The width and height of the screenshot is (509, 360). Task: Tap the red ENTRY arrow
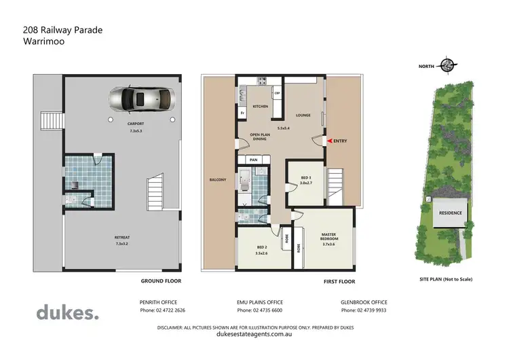pos(331,141)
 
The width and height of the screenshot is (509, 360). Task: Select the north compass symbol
pos(447,66)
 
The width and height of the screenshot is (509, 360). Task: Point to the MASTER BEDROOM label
pos(329,237)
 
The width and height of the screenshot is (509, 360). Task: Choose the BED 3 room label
pos(306,179)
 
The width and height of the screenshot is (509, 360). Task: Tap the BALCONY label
pos(217,179)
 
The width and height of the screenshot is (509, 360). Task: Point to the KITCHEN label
pos(261,107)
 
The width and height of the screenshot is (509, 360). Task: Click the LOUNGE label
pos(303,115)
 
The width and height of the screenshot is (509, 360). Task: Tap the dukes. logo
pos(67,312)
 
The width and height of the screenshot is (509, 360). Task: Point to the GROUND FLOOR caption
pos(161,281)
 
